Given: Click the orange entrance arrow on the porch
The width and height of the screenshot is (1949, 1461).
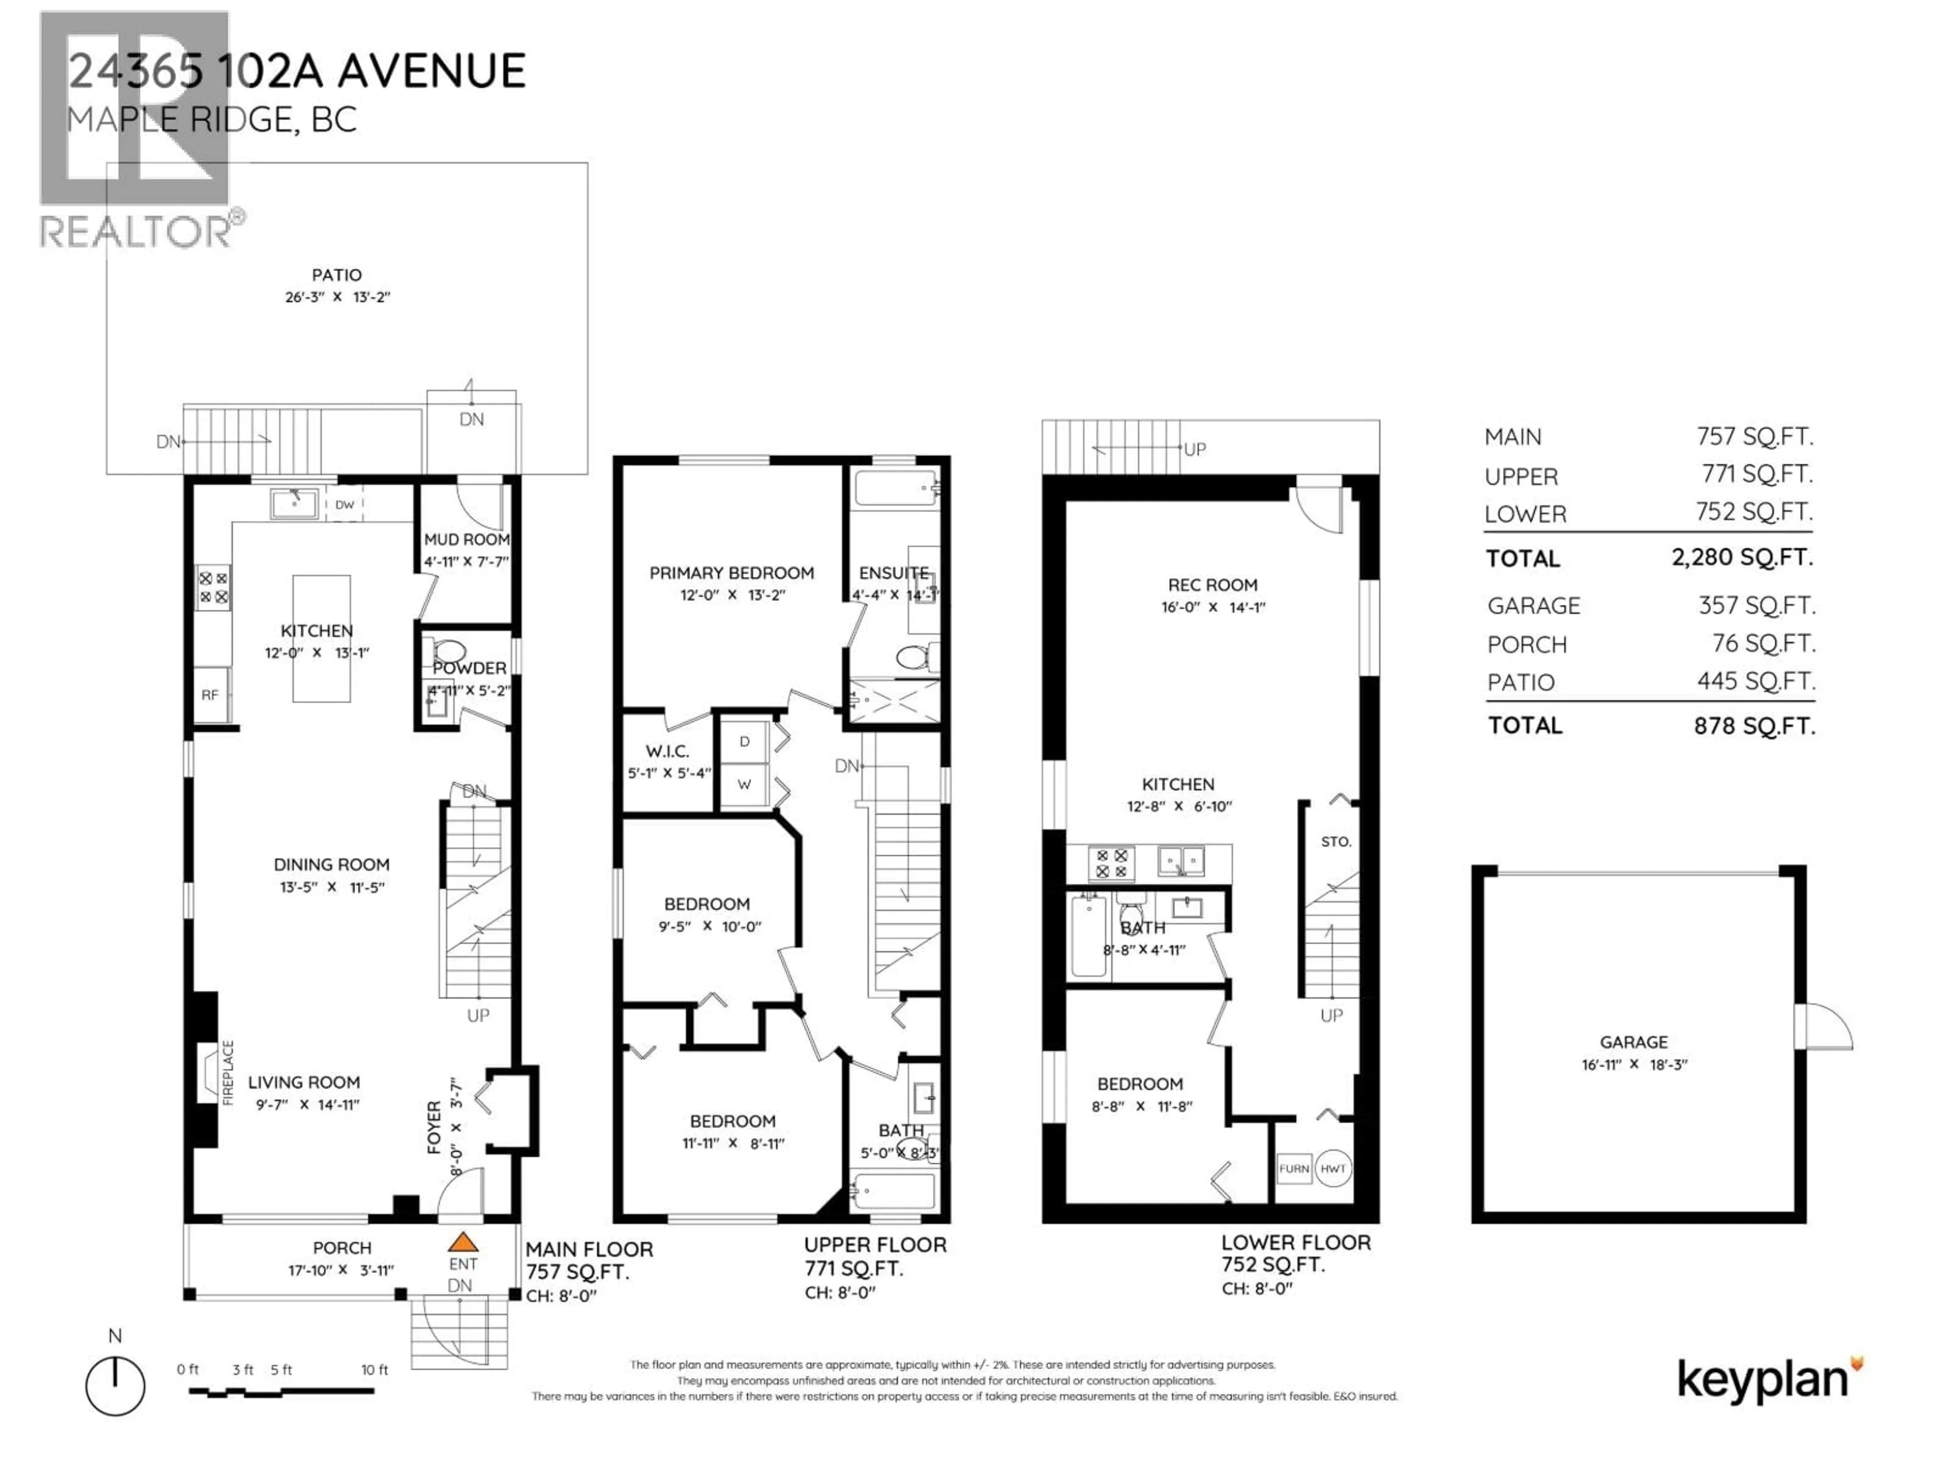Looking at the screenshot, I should (x=462, y=1242).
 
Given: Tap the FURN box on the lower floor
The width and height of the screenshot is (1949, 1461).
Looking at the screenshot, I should (x=1293, y=1169).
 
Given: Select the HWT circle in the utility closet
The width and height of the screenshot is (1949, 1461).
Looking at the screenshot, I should (x=1333, y=1169).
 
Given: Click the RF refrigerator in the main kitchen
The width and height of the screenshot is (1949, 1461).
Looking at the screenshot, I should (x=210, y=695).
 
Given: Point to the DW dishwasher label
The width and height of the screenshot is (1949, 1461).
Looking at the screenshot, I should (x=345, y=505).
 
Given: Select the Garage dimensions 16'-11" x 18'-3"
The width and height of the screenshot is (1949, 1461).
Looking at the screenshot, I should (x=1634, y=1064).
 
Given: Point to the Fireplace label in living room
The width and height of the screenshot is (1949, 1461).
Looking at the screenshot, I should (x=228, y=1072).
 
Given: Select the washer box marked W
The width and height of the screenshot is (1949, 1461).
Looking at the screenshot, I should (x=745, y=784).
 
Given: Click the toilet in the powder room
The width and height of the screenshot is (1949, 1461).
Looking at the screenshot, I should (x=449, y=652).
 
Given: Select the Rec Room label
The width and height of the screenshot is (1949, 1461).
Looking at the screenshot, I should (x=1213, y=585).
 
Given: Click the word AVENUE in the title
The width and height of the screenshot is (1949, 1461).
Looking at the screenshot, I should (x=432, y=72).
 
